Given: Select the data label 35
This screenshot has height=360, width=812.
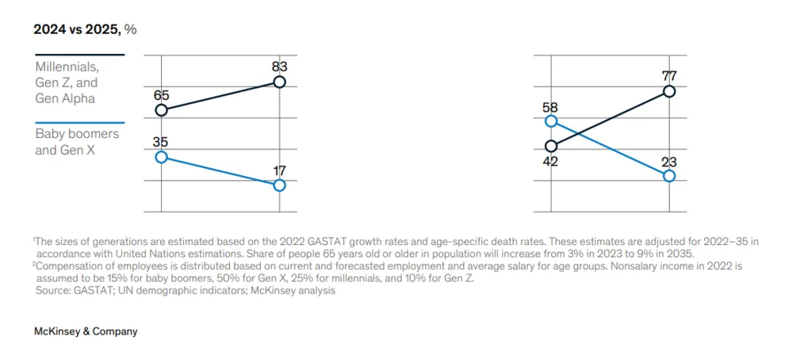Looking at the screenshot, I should (161, 143).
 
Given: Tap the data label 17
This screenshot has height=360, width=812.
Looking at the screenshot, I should (278, 170).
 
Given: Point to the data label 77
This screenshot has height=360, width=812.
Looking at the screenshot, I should (668, 76).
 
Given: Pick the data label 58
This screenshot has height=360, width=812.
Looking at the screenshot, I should (550, 106).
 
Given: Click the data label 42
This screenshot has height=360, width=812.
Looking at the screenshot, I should (550, 161).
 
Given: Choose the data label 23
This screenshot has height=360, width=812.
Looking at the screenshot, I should (668, 161).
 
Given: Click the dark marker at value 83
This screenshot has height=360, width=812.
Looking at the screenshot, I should (279, 82).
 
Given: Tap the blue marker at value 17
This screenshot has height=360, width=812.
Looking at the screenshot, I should (279, 186).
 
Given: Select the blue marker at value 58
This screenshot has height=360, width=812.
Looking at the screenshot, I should (551, 121).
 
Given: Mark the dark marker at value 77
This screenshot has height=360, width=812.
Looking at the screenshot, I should (669, 91).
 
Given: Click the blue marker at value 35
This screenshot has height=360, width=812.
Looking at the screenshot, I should (161, 157).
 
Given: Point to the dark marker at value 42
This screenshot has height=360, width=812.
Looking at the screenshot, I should (551, 146).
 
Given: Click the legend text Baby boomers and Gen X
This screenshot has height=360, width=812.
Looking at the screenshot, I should (77, 141).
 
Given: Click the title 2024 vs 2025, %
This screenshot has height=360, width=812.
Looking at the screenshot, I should (85, 29).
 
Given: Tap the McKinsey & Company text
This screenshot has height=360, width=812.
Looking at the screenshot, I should (86, 331).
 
